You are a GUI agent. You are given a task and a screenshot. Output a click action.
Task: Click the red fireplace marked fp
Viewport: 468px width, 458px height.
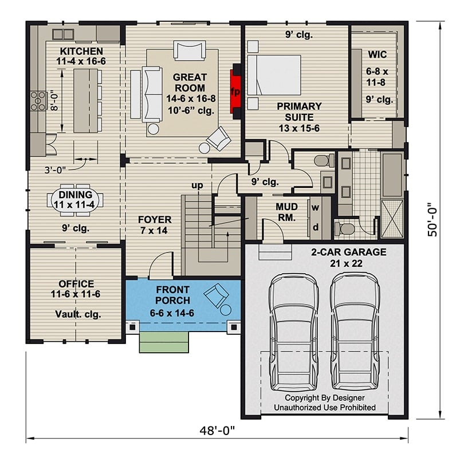235,92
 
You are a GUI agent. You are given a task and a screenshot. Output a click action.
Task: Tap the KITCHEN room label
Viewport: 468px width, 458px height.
81,52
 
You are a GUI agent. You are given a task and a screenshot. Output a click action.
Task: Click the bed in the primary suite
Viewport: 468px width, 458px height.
273,74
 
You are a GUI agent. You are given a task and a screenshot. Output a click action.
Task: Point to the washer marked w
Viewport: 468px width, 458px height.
315,208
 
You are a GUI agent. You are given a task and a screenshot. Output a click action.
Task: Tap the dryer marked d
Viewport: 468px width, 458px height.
315,227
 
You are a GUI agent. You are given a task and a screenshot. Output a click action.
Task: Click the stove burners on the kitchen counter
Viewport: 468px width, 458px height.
38,101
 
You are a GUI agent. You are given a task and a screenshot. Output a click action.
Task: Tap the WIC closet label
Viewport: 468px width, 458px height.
377,55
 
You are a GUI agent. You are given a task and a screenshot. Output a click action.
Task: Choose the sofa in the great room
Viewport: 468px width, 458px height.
152,93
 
